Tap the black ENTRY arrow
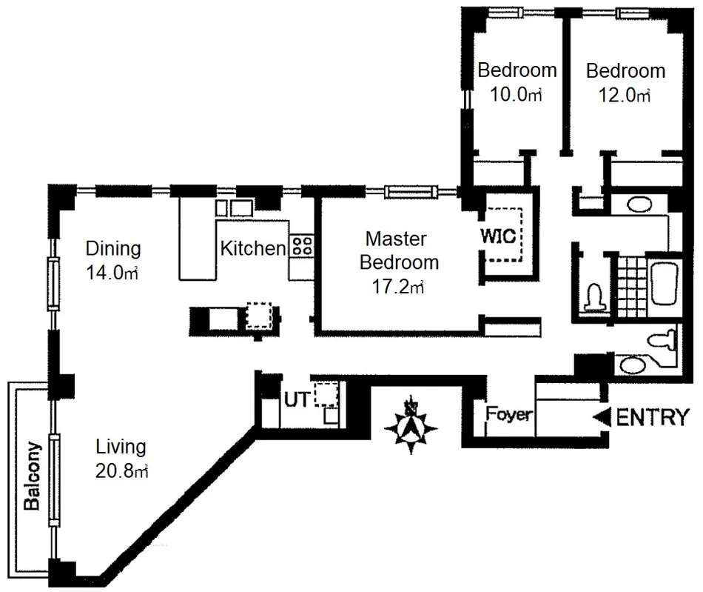[x=602, y=417]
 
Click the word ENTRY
[x=653, y=417]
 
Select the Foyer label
[x=510, y=414]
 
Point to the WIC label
[x=498, y=236]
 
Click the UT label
[x=297, y=399]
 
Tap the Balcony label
[x=32, y=476]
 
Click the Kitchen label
[x=253, y=248]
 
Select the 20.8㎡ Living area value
[x=121, y=470]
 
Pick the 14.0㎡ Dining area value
[x=112, y=273]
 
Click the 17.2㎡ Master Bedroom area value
[x=398, y=286]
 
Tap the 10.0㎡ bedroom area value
[x=516, y=95]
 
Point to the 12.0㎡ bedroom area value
[x=625, y=95]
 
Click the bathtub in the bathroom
[x=665, y=284]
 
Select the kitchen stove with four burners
[x=302, y=246]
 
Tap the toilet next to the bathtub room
[x=595, y=297]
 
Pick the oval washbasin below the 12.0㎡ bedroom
[x=639, y=205]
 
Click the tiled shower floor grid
[x=632, y=286]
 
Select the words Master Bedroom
[x=399, y=250]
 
